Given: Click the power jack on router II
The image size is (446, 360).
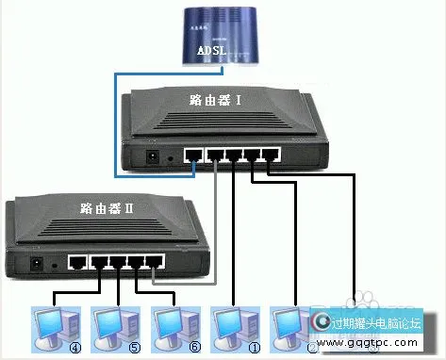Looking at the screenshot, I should [38, 265].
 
